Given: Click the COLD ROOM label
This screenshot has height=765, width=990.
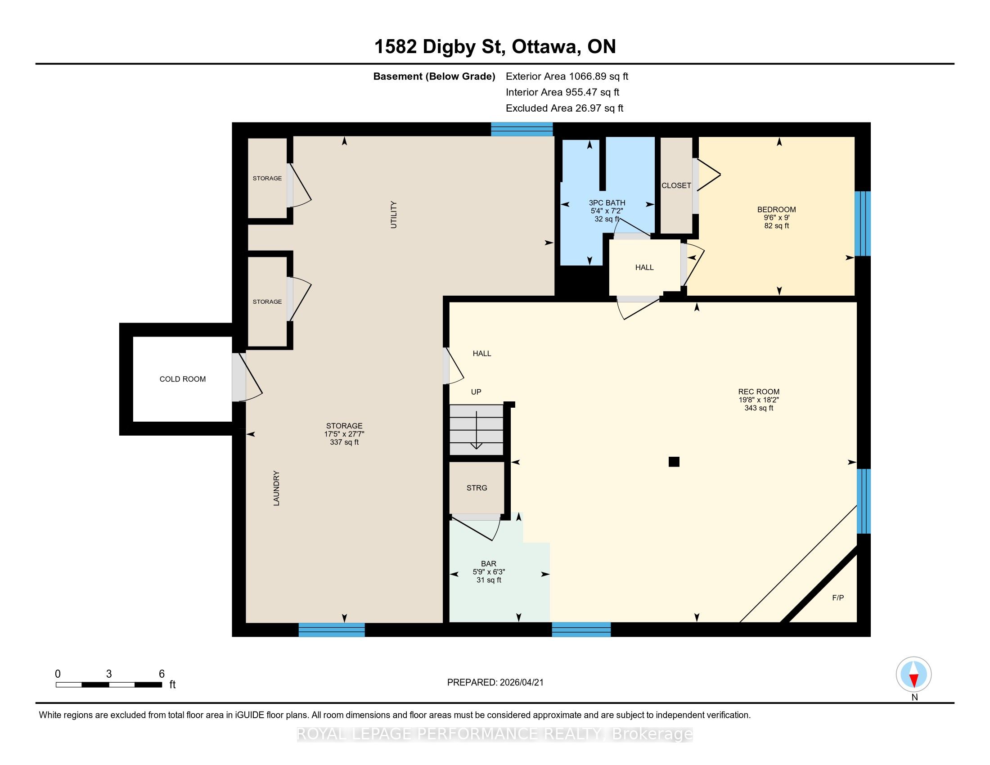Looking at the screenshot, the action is coord(182,379).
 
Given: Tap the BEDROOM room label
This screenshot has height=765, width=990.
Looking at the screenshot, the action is coord(777,209).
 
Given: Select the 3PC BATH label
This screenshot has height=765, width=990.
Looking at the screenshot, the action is coord(607,202).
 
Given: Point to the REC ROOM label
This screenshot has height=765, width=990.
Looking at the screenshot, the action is coord(759,391).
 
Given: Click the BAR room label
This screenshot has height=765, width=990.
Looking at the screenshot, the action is coord(489,564).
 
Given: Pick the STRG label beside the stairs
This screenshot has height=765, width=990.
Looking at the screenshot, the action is coord(477,488).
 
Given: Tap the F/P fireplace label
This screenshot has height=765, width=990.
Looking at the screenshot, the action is coord(838,598).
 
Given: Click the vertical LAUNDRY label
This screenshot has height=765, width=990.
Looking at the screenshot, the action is coord(276,488).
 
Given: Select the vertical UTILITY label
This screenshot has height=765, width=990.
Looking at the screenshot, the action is coord(393,215).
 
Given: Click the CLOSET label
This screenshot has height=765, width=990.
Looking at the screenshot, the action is coord(676,185).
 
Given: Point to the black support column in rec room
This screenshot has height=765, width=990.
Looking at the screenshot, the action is coord(674,462).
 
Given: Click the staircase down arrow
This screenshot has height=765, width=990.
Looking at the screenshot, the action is coord(477,430).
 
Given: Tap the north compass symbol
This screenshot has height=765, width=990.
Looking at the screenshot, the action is coord(914,675).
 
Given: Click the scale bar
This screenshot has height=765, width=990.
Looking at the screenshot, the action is coord(109,685).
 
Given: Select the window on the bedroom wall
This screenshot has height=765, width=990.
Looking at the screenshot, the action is coord(863,224).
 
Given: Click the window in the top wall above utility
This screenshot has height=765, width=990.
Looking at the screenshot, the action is coord(522,129).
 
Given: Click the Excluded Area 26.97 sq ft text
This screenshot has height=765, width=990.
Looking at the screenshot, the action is coord(564,108).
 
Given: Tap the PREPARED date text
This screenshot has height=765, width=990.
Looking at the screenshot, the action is coord(495,683).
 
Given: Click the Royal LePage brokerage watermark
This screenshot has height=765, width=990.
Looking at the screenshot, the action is coord(495,734).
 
